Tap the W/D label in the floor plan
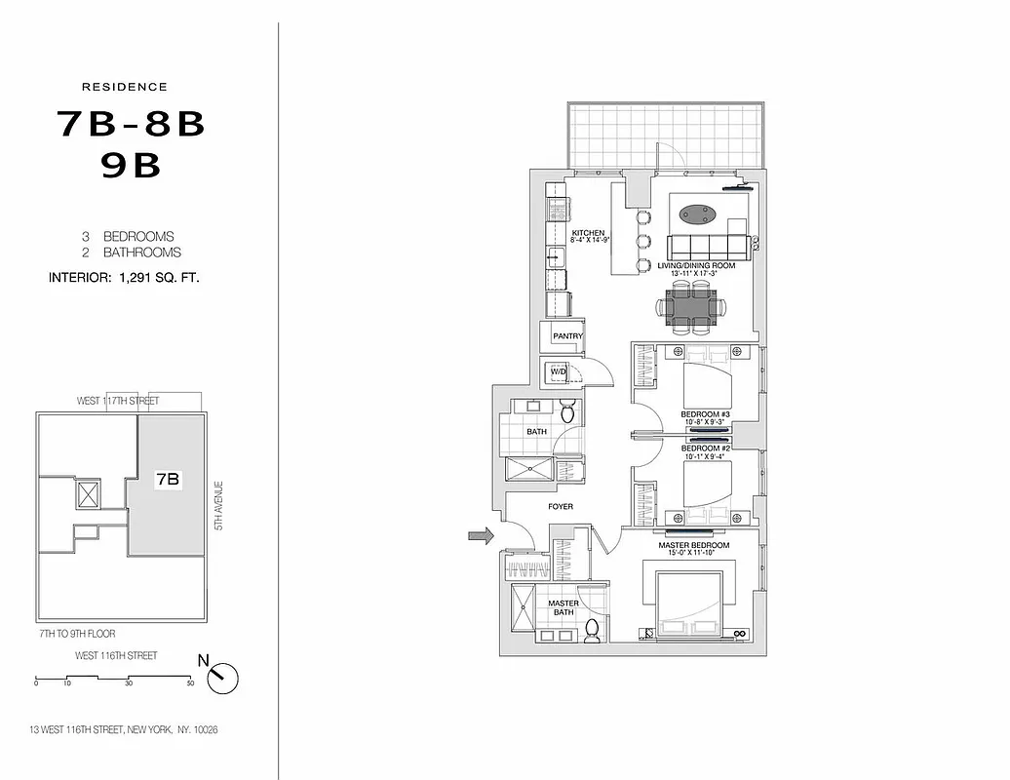point(559,371)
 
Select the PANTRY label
point(567,336)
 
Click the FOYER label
point(561,507)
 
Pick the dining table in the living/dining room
point(695,309)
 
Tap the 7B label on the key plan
point(167,479)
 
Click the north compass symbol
point(222,676)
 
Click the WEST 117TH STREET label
point(118,401)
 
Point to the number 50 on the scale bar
point(190,683)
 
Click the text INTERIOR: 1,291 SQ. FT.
point(124,278)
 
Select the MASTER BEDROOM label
point(693,545)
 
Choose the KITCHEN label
point(589,233)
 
